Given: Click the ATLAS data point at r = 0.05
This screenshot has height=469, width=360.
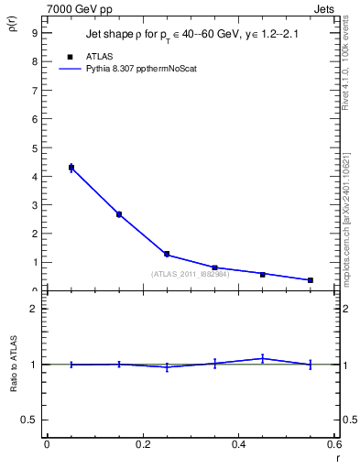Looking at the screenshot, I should click(x=71, y=167).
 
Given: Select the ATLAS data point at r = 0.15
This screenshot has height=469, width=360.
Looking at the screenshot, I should click(x=119, y=214).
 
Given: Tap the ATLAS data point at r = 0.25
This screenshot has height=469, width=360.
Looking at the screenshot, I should click(x=167, y=254).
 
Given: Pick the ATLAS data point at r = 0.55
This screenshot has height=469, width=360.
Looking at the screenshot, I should click(x=311, y=280).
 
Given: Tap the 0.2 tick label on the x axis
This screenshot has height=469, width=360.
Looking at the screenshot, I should click(x=142, y=444).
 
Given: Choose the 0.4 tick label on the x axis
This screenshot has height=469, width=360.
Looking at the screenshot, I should click(x=238, y=444).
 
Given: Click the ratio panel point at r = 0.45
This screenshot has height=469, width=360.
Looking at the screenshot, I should click(x=263, y=358).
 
